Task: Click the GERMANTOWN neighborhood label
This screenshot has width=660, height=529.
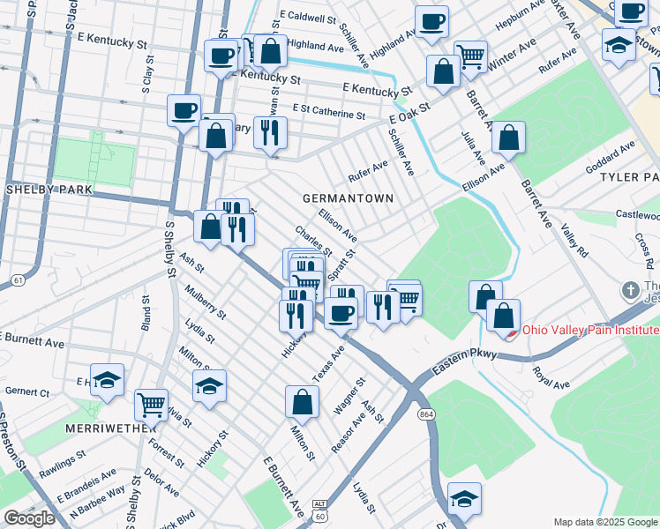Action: (348, 198)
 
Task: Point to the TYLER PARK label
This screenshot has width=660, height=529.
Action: (629, 177)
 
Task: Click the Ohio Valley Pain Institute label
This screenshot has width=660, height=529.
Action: (590, 331)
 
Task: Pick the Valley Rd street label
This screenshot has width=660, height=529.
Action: (574, 240)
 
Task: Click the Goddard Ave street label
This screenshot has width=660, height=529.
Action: (610, 154)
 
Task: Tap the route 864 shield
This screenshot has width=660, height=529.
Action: (427, 414)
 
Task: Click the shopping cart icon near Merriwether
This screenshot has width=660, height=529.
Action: (151, 405)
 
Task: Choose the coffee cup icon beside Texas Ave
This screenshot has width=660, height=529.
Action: (341, 311)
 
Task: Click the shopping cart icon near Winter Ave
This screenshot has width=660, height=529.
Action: (470, 56)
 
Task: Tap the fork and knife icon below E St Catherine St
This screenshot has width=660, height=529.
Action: (270, 132)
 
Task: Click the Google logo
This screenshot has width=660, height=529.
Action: (29, 518)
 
